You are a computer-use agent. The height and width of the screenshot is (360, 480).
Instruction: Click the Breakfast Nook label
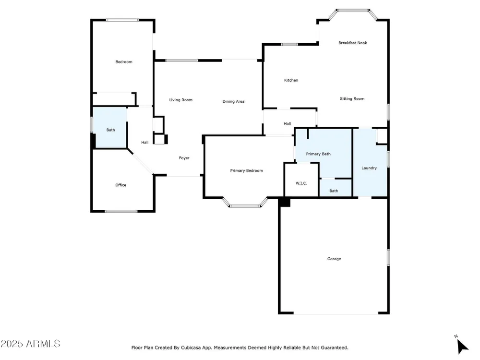[x=352, y=43]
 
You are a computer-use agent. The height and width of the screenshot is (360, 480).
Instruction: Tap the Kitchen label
[x=291, y=80]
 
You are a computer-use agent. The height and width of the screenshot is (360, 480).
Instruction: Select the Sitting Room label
[x=352, y=99]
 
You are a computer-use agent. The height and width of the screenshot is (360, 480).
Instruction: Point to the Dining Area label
[x=233, y=101]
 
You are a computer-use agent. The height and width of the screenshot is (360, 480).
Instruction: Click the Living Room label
[x=180, y=100]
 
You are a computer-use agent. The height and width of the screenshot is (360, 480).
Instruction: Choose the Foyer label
[x=184, y=158]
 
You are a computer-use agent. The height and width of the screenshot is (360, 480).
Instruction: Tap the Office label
[x=120, y=185]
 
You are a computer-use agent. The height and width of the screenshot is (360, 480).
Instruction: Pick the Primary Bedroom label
[x=246, y=170]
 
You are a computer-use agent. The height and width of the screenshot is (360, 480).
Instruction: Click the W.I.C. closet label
[x=301, y=183]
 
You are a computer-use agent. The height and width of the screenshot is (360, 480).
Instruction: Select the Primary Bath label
[x=318, y=154]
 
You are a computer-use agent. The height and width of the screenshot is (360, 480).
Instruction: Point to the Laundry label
[x=369, y=168]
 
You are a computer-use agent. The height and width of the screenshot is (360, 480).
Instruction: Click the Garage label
[x=334, y=259]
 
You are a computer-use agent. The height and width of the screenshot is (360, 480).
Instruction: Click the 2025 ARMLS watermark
[x=30, y=344]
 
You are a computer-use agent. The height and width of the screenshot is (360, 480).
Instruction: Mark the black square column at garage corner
[x=285, y=203]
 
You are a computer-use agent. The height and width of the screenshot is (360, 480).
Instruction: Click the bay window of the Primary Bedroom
[x=245, y=206]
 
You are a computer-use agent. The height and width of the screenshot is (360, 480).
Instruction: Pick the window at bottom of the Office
[x=121, y=211]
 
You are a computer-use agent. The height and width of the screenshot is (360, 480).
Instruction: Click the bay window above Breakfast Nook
[x=353, y=10]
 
